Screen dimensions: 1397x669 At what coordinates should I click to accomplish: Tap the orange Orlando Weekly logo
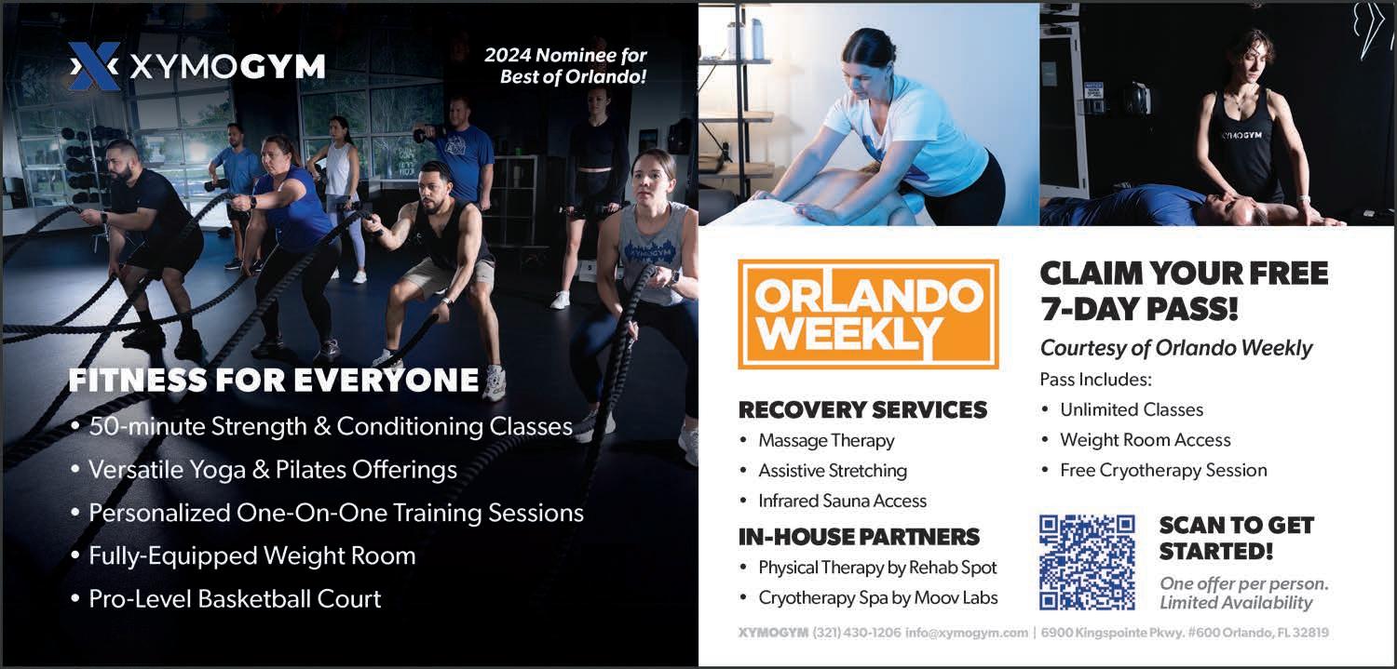pyautogui.click(x=868, y=314)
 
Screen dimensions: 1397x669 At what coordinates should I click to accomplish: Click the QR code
pyautogui.click(x=1087, y=563)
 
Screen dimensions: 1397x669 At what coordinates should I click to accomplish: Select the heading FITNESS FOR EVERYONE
pyautogui.click(x=274, y=380)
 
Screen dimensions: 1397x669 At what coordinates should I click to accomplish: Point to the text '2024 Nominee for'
pyautogui.click(x=565, y=56)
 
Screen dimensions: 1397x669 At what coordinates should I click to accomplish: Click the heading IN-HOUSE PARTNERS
pyautogui.click(x=859, y=537)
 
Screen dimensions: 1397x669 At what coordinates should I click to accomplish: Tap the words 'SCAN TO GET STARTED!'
pyautogui.click(x=1237, y=538)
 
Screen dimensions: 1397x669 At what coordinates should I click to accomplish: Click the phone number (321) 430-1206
pyautogui.click(x=857, y=633)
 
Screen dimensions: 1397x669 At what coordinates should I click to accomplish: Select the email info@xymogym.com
pyautogui.click(x=967, y=633)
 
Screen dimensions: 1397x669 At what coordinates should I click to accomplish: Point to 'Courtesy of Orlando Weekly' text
pyautogui.click(x=1176, y=348)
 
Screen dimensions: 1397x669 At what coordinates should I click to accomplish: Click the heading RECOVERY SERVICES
pyautogui.click(x=863, y=410)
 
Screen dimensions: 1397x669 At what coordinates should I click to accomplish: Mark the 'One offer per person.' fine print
pyautogui.click(x=1244, y=583)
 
